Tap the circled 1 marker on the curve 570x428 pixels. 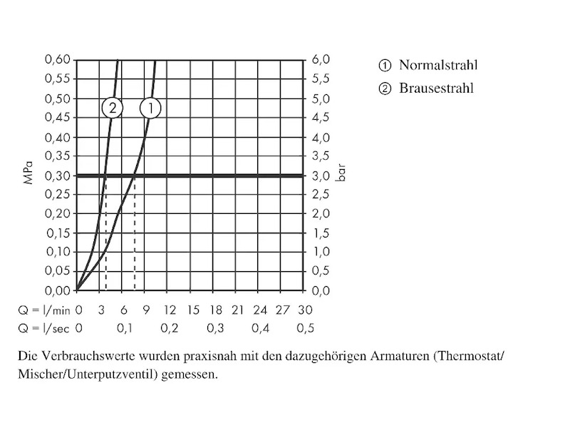tap(150, 108)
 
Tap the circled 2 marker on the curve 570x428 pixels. tap(112, 108)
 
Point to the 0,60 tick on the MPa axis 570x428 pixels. tap(58, 60)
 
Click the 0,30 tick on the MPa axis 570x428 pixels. tap(58, 175)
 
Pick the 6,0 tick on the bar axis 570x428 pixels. tap(321, 60)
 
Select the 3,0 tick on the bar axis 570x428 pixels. tap(321, 175)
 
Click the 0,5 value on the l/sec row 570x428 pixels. tap(305, 328)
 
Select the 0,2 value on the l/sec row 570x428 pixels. tap(170, 328)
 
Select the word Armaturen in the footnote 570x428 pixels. tap(396, 355)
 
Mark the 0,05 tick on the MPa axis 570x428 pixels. tap(58, 271)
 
